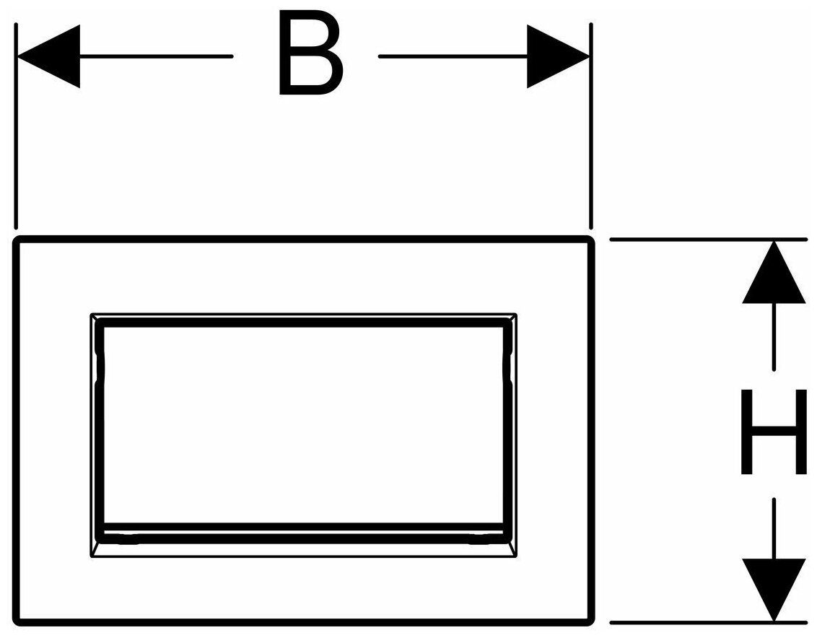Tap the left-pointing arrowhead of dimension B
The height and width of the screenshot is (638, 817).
tap(48, 56)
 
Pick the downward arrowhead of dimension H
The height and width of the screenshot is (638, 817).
tap(774, 588)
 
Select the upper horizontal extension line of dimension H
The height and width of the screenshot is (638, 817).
tap(707, 239)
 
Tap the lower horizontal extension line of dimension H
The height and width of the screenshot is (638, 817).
tap(707, 621)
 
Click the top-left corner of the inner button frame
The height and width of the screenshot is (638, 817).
tap(92, 315)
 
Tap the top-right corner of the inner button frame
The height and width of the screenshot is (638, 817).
tap(516, 315)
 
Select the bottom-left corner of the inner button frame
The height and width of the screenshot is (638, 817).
tap(92, 556)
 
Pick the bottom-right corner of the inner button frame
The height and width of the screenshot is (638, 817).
tap(516, 556)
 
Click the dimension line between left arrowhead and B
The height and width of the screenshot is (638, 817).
tap(155, 56)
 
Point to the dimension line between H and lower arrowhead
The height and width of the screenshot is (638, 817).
tap(774, 527)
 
